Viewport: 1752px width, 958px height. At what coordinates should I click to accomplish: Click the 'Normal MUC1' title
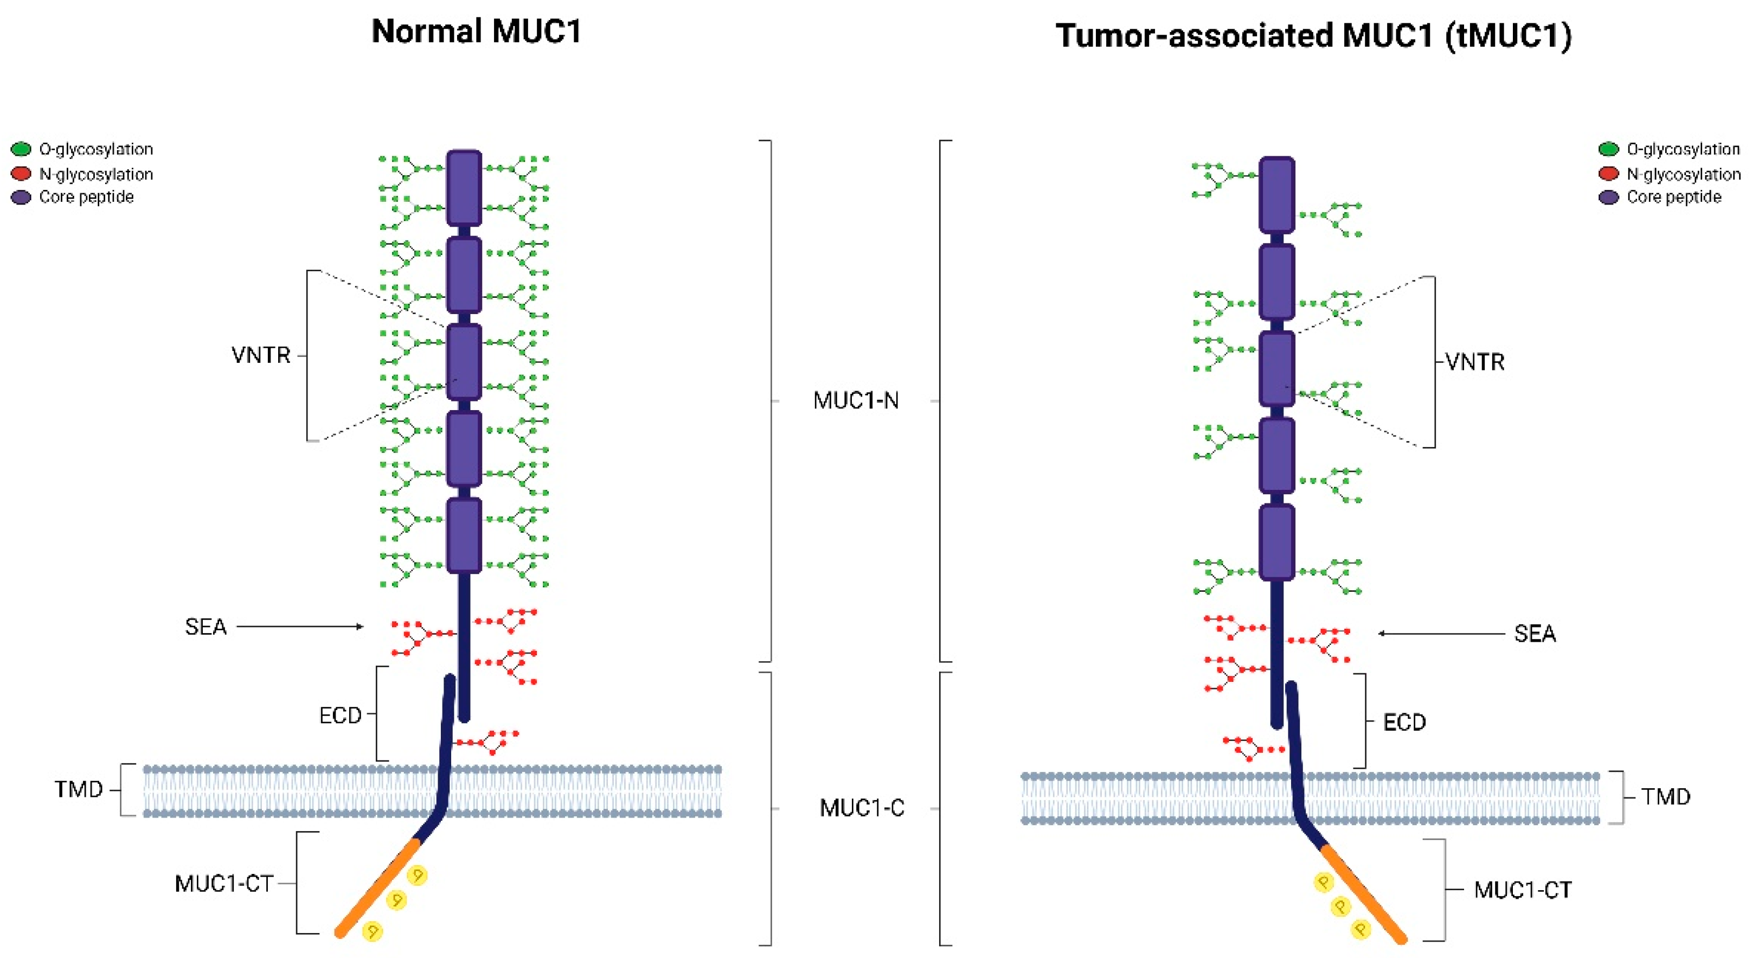point(476,31)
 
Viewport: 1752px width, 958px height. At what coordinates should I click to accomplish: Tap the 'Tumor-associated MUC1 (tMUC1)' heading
point(1313,35)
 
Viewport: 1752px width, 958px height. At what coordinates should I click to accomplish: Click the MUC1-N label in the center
point(856,401)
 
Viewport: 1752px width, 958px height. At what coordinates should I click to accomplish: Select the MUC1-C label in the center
point(862,808)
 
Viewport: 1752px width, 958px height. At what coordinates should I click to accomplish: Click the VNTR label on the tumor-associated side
point(1474,362)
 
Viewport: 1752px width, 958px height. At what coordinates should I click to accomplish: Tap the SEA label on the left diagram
point(206,627)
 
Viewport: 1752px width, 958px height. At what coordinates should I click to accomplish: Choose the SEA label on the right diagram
point(1535,634)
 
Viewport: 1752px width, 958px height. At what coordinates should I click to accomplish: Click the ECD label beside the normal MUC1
point(340,715)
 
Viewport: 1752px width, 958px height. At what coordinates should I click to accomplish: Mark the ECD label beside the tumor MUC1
point(1404,722)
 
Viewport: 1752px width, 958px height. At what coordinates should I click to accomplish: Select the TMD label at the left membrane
point(78,789)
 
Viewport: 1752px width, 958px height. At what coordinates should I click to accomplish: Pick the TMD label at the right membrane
point(1665,796)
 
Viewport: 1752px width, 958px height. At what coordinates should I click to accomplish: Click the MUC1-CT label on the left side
point(224,884)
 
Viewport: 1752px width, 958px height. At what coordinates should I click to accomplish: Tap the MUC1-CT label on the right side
point(1522,890)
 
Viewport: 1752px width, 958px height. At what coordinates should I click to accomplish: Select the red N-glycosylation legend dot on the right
point(1608,174)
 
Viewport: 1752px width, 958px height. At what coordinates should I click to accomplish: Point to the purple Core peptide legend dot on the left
point(21,197)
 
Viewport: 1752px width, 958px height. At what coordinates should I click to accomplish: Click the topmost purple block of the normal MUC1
point(464,188)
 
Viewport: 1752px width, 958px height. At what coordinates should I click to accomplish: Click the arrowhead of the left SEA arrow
point(361,627)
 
